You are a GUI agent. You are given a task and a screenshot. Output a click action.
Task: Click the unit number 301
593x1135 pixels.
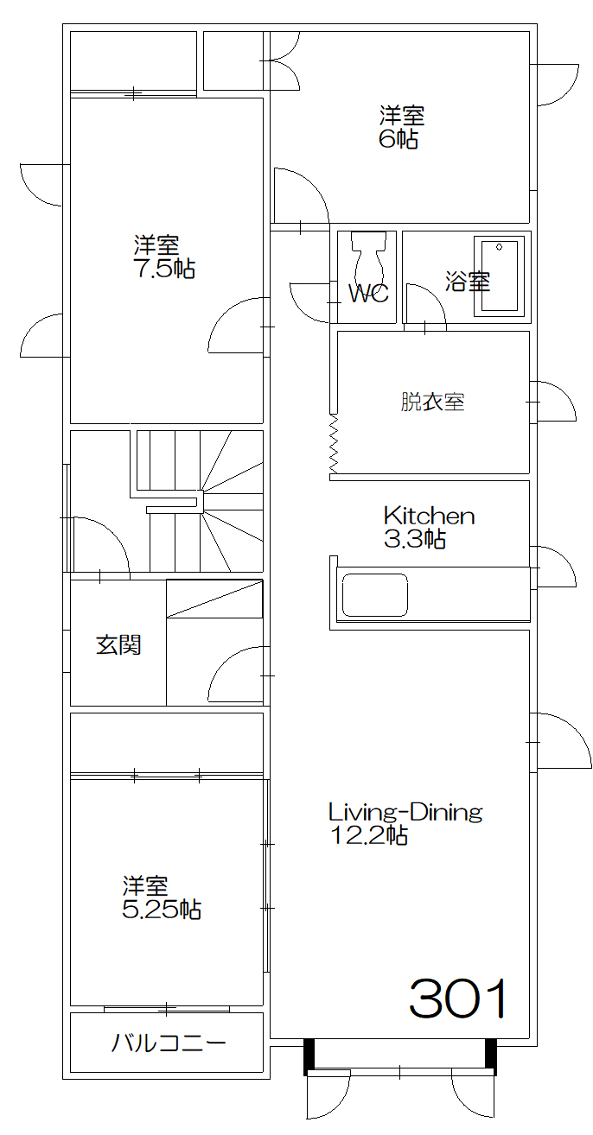click(x=457, y=1000)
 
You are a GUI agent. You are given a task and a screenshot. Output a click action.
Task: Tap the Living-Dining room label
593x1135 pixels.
click(x=405, y=812)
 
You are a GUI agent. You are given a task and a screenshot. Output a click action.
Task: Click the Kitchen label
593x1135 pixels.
click(x=429, y=517)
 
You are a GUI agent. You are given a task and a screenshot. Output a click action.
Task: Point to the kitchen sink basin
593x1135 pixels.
click(x=375, y=595)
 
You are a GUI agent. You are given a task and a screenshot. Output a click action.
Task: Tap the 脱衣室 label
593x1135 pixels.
click(x=432, y=402)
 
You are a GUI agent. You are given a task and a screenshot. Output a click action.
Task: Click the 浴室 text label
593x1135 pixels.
click(x=468, y=282)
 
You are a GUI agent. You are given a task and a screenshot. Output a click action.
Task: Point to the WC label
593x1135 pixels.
click(x=367, y=294)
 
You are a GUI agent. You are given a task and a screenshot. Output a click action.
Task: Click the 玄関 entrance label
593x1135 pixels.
click(x=118, y=644)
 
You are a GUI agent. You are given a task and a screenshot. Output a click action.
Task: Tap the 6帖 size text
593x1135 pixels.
click(x=399, y=139)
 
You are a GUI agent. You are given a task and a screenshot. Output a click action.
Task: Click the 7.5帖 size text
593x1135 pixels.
click(x=163, y=269)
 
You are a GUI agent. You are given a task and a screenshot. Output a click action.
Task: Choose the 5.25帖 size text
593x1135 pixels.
click(x=162, y=910)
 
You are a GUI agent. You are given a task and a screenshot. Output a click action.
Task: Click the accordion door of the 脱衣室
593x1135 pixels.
click(x=334, y=444)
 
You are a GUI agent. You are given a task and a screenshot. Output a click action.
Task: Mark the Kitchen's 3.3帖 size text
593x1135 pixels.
click(x=414, y=540)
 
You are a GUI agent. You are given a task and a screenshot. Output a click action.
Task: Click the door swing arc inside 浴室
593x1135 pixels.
click(x=424, y=302)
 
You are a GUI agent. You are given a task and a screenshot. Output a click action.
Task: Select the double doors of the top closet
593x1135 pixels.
click(x=284, y=60)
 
